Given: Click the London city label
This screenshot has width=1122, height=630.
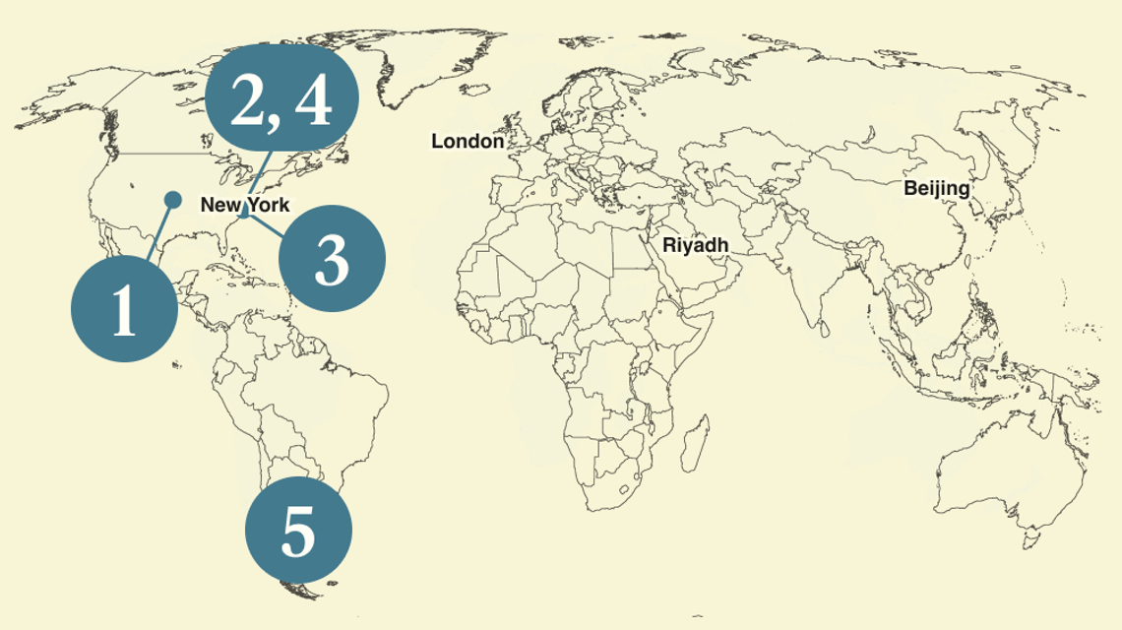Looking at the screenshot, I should [467, 142].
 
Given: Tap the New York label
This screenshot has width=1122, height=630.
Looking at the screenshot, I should [245, 206].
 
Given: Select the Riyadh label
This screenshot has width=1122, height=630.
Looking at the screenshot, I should [695, 244].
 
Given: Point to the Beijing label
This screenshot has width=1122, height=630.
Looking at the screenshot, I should [936, 188].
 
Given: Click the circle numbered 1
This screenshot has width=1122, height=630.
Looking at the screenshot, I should [124, 309].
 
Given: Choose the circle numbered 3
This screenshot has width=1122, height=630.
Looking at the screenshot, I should [332, 258].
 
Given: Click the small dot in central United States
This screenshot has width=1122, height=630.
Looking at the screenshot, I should [172, 200].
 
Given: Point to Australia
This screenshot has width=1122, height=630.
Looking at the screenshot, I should [999, 463].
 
